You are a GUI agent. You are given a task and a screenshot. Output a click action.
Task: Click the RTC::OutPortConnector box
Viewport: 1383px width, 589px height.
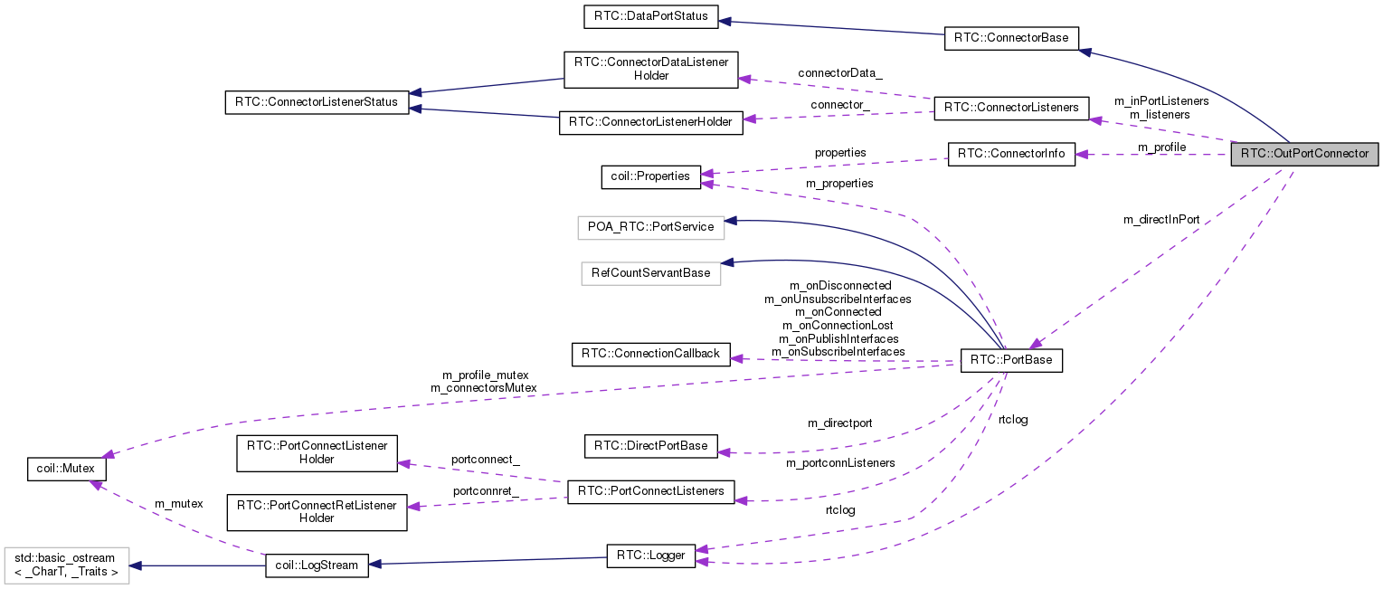(1304, 154)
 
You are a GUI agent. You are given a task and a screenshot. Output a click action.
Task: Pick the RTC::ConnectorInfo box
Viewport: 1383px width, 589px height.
(1011, 154)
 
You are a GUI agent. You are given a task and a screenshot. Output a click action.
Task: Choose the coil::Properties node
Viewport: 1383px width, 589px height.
(651, 176)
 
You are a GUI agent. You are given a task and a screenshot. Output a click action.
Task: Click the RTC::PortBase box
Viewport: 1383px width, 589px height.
(1011, 360)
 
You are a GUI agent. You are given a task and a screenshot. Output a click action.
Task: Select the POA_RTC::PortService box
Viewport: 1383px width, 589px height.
(651, 227)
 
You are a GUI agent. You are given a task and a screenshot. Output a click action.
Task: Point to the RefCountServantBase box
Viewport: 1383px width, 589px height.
(650, 272)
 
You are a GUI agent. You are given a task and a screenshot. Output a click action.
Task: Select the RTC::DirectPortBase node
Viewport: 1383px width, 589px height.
(651, 446)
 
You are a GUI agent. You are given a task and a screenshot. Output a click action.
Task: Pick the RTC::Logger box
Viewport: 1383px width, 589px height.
(650, 556)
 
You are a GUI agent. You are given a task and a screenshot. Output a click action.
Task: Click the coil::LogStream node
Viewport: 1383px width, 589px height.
(317, 566)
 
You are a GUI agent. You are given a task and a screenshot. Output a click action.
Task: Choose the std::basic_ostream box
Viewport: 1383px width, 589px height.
(66, 565)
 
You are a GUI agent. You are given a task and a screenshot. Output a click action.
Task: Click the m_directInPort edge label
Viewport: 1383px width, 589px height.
(1161, 220)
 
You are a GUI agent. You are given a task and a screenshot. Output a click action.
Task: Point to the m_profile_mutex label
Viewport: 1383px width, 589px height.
(485, 375)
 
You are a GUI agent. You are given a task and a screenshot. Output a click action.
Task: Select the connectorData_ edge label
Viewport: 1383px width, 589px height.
(839, 72)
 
